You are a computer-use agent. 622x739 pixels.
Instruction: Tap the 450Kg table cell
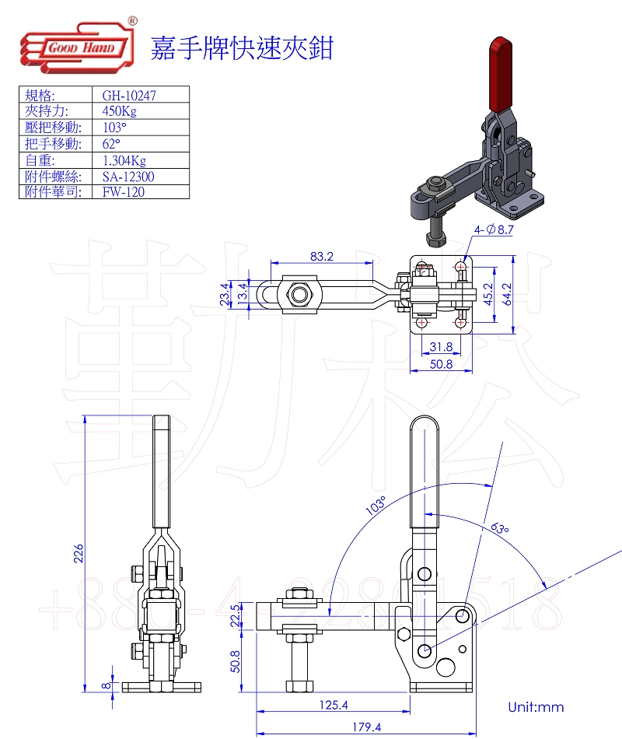coord(120,111)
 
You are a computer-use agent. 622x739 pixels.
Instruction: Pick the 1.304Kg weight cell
coord(124,160)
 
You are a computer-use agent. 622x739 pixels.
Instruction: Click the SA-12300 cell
coord(128,177)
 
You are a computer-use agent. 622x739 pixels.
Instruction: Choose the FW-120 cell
coord(124,192)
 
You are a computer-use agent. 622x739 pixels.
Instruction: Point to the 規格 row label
coord(40,96)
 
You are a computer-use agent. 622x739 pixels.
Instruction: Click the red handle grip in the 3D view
coord(497,74)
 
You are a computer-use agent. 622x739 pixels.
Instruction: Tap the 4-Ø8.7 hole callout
coord(494,229)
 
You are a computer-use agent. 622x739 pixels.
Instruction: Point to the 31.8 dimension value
coord(441,346)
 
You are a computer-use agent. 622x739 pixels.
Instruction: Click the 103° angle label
coord(376,506)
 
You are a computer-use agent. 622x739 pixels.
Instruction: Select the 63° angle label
coord(500,528)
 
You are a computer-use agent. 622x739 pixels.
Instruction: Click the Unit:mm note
coord(536,707)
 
